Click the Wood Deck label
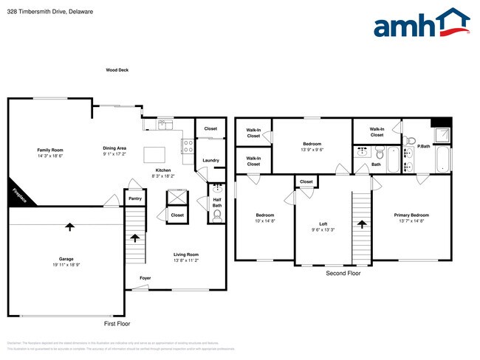117,70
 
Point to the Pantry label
135,198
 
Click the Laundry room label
210,160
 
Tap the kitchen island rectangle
154,154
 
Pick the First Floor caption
117,324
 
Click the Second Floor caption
343,273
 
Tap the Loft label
323,224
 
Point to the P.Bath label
424,146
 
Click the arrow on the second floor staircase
362,224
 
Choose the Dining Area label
114,148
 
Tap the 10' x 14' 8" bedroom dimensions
264,221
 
